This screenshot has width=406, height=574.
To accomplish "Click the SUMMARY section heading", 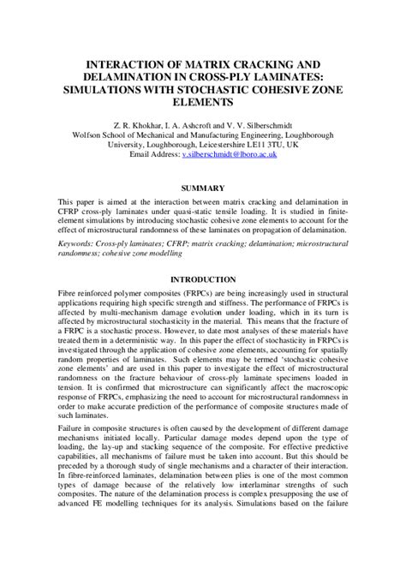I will [x=203, y=187].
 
